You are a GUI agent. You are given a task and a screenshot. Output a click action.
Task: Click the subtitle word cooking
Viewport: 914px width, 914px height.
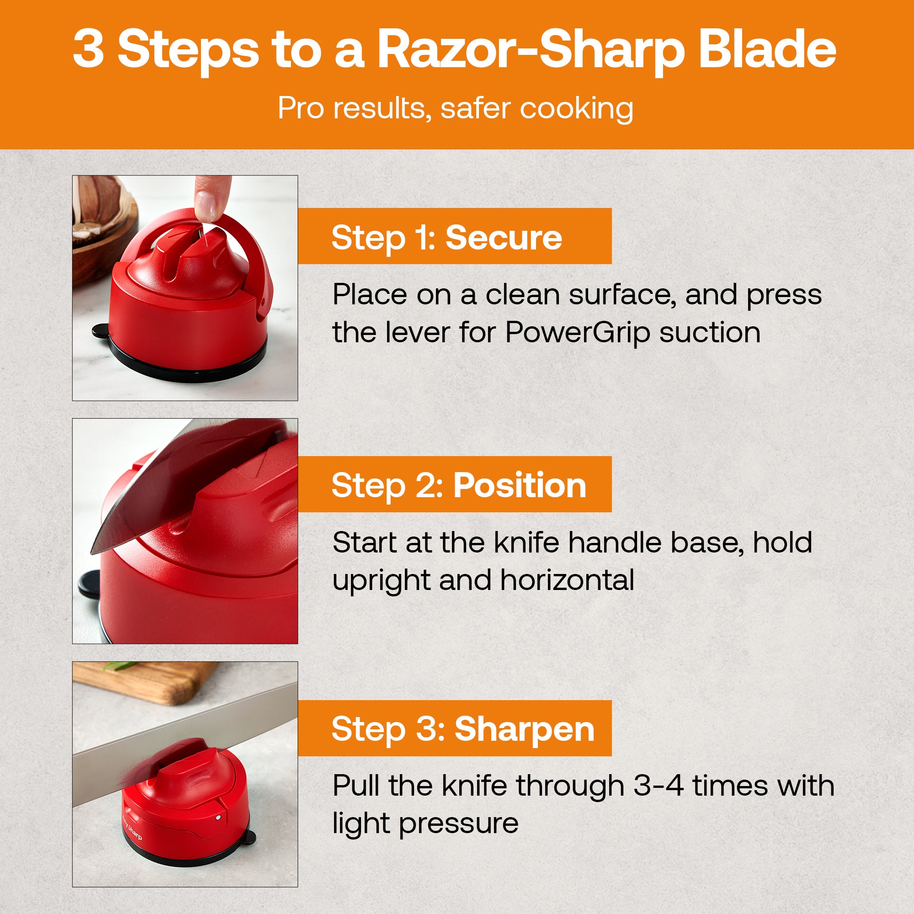[577, 110]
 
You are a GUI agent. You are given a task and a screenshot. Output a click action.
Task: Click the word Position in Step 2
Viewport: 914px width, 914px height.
[520, 486]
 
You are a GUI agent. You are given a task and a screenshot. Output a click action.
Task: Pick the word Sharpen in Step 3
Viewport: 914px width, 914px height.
[524, 729]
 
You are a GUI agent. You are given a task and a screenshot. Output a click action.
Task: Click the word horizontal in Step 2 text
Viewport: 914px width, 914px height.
[567, 580]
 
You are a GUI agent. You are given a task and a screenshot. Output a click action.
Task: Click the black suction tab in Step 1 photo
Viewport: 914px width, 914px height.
[100, 331]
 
